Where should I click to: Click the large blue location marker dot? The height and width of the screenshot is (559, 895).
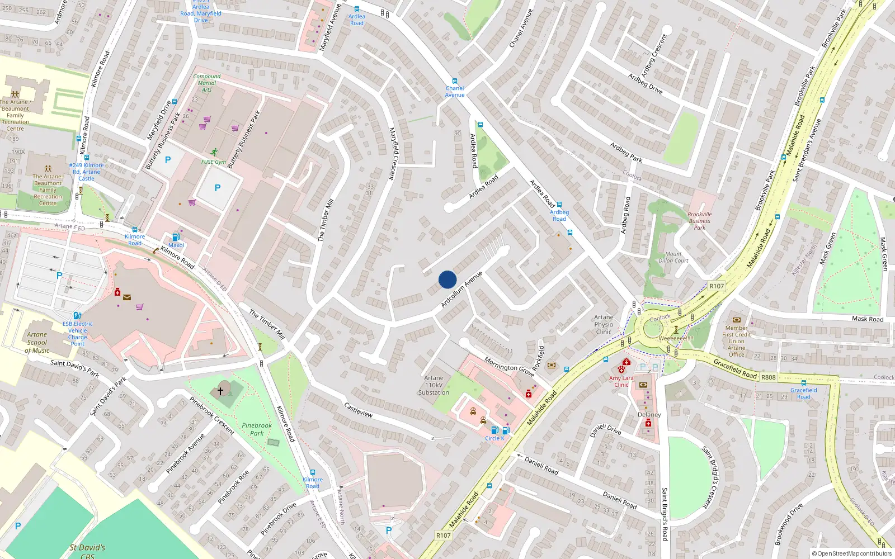click(447, 279)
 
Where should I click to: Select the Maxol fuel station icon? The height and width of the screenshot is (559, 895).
click(176, 238)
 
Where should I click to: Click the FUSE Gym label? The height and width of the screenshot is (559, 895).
click(214, 162)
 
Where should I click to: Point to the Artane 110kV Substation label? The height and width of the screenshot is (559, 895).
click(434, 385)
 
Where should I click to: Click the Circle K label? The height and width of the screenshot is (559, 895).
click(494, 438)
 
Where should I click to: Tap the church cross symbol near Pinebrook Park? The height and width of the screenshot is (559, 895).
click(220, 391)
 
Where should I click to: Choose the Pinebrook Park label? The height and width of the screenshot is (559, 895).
click(257, 429)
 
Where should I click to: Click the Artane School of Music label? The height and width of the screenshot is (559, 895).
click(37, 343)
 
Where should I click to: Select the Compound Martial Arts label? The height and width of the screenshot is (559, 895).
click(207, 83)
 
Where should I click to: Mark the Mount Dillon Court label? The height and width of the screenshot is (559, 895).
click(673, 257)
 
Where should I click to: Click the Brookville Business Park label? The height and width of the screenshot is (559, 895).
click(700, 221)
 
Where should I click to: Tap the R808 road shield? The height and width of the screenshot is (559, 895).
click(769, 377)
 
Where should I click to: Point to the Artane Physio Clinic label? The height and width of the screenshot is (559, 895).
click(604, 324)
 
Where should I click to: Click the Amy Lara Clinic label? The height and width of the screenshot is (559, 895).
click(621, 381)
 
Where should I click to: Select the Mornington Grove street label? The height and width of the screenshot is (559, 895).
click(509, 367)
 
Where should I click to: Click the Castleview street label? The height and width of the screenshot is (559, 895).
click(359, 410)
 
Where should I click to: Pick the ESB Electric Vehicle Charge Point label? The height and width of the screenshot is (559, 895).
click(78, 334)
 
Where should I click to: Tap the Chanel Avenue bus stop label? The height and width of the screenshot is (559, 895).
click(455, 91)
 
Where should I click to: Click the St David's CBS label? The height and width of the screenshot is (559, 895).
click(87, 551)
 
